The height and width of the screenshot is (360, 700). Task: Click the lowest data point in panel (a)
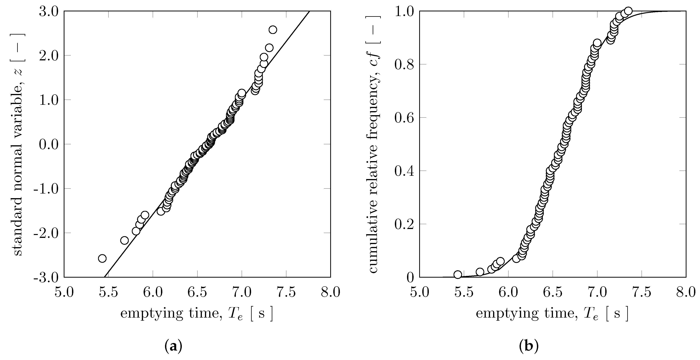coord(102,258)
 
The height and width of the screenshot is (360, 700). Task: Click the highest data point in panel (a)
coord(273,30)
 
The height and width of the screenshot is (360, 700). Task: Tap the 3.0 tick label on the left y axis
coord(49,12)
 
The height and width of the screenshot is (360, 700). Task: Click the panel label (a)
coord(173,347)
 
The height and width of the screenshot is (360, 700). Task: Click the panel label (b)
coord(529,347)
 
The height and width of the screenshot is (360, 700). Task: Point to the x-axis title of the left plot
coord(196,314)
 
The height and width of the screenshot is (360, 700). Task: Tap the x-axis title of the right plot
coord(552,314)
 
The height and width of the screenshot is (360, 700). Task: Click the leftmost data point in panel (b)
coord(458,274)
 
